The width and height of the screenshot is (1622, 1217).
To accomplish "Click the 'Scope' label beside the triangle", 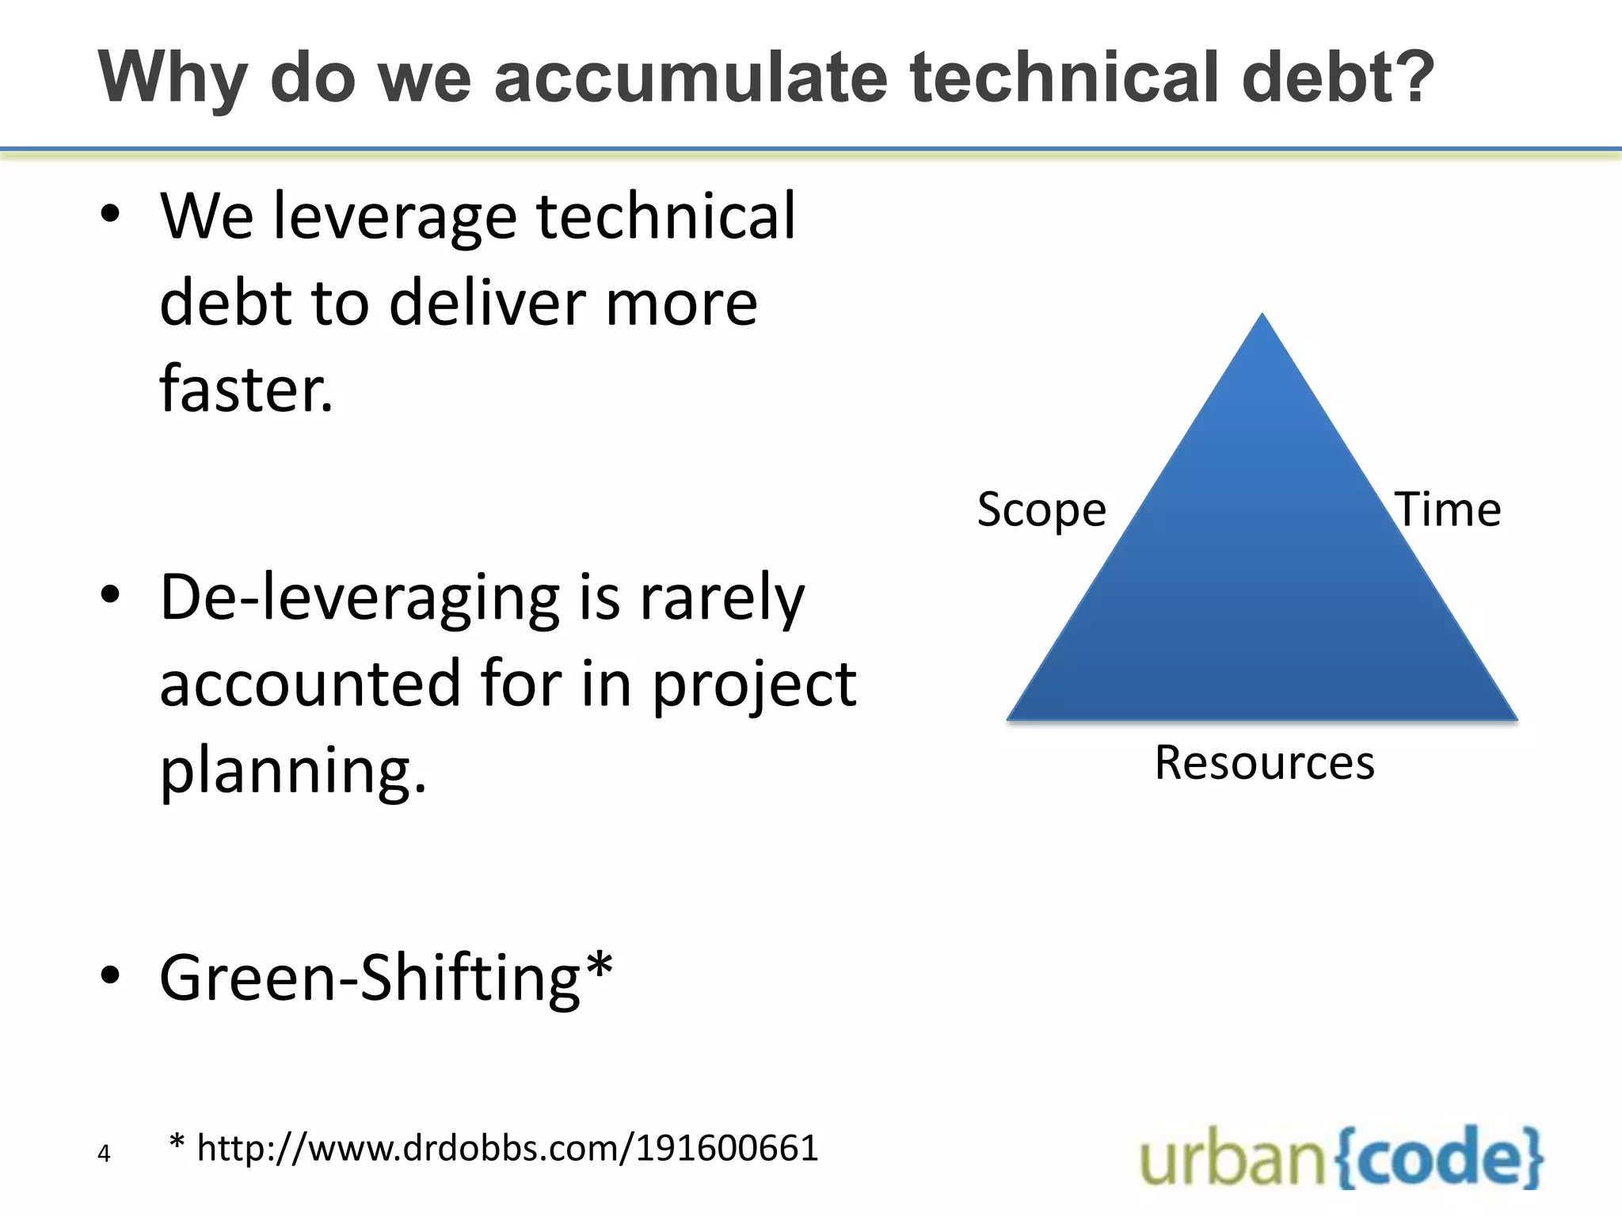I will point(1041,509).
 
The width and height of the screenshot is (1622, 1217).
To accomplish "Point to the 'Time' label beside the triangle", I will point(1448,509).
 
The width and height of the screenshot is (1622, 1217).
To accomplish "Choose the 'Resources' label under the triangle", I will point(1264,763).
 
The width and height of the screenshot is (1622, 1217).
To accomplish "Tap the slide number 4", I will point(104,1153).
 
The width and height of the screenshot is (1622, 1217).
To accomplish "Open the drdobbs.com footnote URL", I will point(507,1148).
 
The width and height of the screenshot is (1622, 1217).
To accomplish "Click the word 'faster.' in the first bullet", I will point(246,388).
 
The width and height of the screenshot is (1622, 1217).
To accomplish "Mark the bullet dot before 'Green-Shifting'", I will point(110,977).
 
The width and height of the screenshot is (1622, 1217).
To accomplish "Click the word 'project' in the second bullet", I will point(753,685).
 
